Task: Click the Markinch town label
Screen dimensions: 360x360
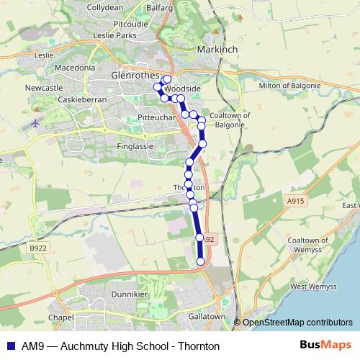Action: [x=217, y=48]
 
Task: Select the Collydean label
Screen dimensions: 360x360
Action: [x=105, y=6]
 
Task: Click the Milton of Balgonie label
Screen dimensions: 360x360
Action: [x=289, y=86]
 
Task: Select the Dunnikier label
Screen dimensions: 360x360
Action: [x=130, y=294]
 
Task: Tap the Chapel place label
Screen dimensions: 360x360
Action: [x=61, y=318]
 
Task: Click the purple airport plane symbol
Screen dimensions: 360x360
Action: [x=36, y=123]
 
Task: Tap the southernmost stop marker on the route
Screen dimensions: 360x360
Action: [x=200, y=261]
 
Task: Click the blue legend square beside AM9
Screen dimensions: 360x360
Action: [x=10, y=346]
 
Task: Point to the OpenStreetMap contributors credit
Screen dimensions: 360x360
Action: [x=297, y=323]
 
